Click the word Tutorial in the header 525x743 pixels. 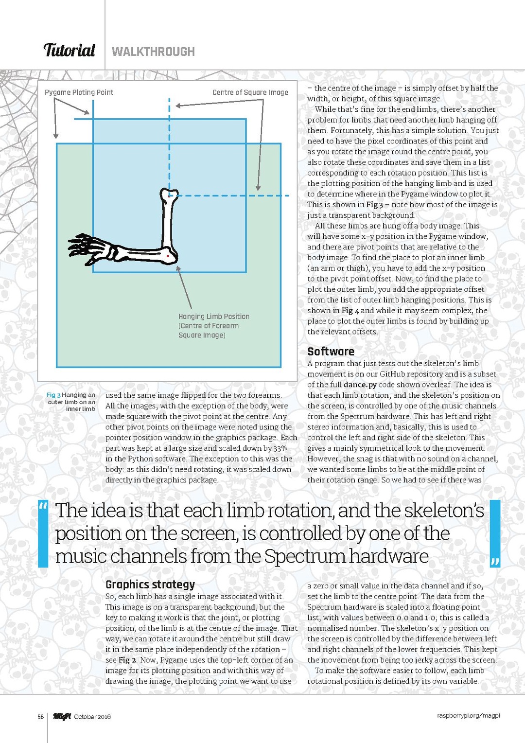point(69,51)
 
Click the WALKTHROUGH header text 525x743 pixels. point(153,52)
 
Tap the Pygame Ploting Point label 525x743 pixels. point(79,92)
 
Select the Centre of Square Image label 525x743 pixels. point(250,92)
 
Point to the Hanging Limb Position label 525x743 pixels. point(213,317)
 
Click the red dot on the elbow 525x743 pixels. point(168,255)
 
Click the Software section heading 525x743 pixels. point(331,352)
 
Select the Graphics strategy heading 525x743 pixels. point(150,584)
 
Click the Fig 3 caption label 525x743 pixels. point(53,395)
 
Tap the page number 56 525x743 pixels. point(41,717)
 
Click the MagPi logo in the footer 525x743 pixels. point(62,716)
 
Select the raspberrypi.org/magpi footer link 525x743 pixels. point(468,716)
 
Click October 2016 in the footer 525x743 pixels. point(92,717)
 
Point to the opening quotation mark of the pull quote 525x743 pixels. point(43,507)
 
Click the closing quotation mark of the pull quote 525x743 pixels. point(495,563)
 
